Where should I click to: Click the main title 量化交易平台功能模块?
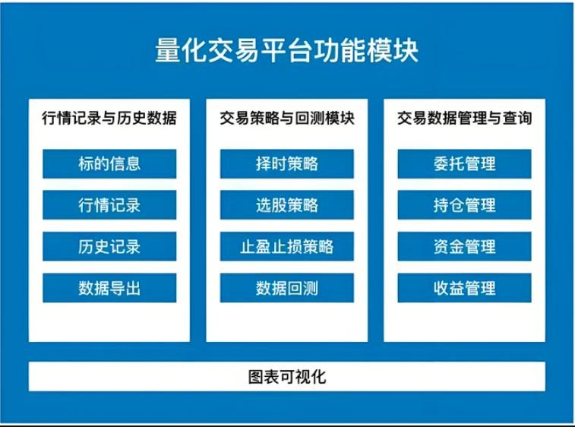coord(286,50)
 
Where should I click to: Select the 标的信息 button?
coord(109,163)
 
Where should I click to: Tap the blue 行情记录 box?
coord(109,204)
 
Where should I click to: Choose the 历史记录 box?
coord(109,246)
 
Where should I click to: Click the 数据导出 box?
coord(109,288)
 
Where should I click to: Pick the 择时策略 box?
coord(287,163)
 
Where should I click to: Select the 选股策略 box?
coord(287,204)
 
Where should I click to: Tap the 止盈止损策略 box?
coord(287,246)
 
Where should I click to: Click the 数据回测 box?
coord(287,288)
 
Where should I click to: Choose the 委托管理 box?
coord(464,163)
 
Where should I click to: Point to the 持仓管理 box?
coord(464,204)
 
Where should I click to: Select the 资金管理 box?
coord(464,246)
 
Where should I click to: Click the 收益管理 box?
coord(464,288)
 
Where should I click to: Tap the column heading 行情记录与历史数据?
coord(109,118)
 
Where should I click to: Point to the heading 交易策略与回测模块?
coord(287,118)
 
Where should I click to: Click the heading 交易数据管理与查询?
coord(464,118)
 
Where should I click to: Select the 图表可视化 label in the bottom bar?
coord(287,377)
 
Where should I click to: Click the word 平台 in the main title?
coord(286,50)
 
